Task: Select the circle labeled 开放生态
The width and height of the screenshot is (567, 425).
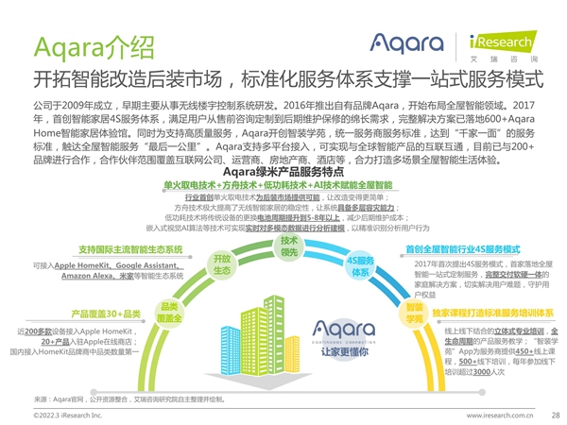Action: [x=221, y=264]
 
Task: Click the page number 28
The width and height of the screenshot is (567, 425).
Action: [x=555, y=415]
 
